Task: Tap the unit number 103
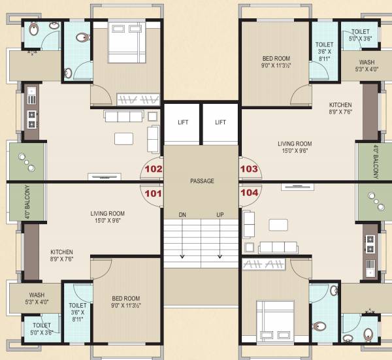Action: (249, 168)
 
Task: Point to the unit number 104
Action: (249, 193)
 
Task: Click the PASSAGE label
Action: (201, 181)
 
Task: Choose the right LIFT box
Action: (221, 122)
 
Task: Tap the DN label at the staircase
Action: (183, 215)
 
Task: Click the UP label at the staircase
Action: (220, 215)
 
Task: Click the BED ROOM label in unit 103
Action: (275, 61)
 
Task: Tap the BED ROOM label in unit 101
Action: (127, 301)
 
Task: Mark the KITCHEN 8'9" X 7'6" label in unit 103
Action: (340, 108)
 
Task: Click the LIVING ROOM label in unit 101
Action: (107, 216)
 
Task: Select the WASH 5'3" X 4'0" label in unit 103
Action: (366, 66)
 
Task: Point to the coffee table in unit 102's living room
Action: (123, 139)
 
